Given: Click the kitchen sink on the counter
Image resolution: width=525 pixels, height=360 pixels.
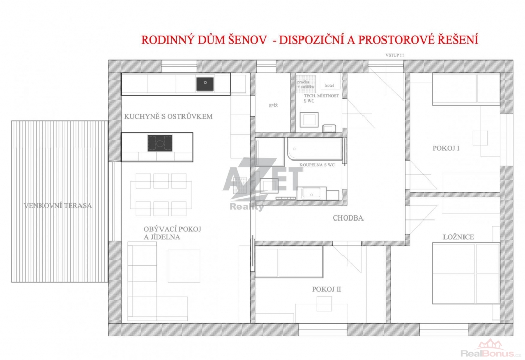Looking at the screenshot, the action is click(x=205, y=84).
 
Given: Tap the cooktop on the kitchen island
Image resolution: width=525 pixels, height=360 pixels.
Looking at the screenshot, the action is click(x=160, y=143).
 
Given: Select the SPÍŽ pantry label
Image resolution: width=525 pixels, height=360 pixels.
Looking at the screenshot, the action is click(x=273, y=106).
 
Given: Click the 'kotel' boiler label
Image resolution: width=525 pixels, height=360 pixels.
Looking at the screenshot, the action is click(x=330, y=86).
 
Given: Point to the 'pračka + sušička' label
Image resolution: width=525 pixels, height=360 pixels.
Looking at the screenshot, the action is click(x=306, y=84).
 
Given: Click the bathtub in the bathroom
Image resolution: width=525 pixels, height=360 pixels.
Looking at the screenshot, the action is click(x=315, y=149).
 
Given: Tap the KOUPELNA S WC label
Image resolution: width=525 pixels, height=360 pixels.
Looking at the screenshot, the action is click(x=317, y=165).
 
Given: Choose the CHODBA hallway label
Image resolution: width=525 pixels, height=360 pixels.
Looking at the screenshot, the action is click(x=348, y=218).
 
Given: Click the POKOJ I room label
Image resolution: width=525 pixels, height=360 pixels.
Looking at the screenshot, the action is click(x=446, y=148).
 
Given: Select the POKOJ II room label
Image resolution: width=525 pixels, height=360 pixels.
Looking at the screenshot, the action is click(x=327, y=289).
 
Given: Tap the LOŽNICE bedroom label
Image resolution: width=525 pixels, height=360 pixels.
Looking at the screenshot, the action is click(x=458, y=237).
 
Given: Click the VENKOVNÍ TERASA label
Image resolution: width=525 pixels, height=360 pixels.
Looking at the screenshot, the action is click(x=58, y=206).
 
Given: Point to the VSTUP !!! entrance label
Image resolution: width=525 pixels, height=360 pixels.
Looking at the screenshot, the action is click(x=394, y=55).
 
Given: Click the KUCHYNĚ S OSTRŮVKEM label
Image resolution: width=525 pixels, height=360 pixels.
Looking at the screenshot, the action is click(x=168, y=116).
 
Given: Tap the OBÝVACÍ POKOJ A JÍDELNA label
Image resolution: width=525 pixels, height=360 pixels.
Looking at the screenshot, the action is click(x=172, y=233).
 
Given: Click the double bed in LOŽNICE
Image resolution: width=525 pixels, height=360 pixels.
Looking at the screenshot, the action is click(x=466, y=273).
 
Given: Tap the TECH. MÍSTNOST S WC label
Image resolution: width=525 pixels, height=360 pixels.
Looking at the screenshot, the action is click(x=321, y=98).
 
